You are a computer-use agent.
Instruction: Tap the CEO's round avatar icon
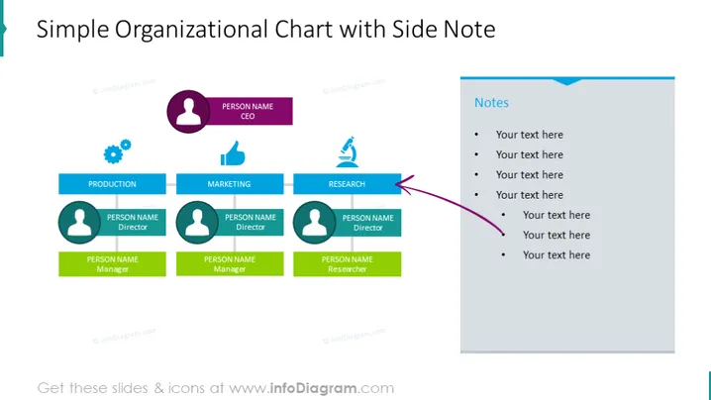(188, 112)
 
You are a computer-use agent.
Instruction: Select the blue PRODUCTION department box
(112, 184)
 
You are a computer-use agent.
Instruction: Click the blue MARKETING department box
(230, 184)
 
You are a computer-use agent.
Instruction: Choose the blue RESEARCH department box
(347, 184)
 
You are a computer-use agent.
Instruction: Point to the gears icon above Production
(117, 151)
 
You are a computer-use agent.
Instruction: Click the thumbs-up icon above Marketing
(233, 153)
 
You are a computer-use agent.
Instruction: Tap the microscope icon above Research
(348, 151)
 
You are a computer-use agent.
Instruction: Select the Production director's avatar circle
(79, 222)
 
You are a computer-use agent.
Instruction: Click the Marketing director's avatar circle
(197, 222)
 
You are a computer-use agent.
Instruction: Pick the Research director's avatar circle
(314, 222)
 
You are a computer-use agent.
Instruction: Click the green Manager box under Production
(112, 264)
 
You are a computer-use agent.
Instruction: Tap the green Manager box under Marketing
(230, 264)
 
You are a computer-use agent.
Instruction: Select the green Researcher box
(347, 264)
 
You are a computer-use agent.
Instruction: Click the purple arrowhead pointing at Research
(404, 184)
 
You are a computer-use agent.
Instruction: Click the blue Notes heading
(491, 103)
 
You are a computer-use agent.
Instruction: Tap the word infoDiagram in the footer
(313, 388)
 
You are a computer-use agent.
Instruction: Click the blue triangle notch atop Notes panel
(566, 81)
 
